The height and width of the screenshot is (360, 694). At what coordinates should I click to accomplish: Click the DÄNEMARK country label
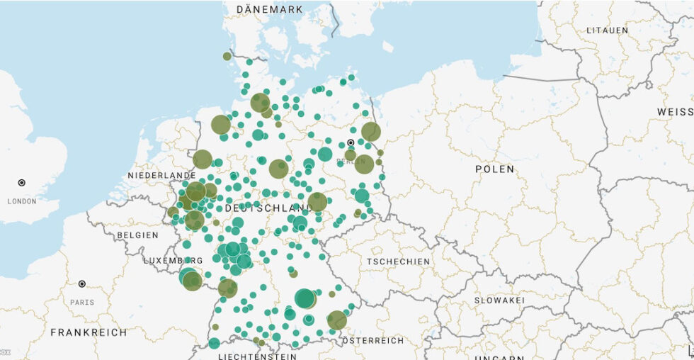click(270, 9)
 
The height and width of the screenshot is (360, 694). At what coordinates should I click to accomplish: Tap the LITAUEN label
click(607, 30)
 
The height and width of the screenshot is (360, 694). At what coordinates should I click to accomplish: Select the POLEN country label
click(495, 169)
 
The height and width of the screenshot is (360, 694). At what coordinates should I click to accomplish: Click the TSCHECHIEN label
click(398, 261)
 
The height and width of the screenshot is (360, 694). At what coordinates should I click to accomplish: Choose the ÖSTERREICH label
click(372, 340)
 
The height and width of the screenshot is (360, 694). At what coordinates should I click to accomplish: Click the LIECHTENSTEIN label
click(257, 356)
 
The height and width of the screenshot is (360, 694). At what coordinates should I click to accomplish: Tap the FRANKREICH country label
click(89, 332)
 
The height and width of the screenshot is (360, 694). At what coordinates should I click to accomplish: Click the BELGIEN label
click(138, 235)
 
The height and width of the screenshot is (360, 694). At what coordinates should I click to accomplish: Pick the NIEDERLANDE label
click(161, 175)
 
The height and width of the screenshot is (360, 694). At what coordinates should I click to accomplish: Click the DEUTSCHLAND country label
click(268, 208)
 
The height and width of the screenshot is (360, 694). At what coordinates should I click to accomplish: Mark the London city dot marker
click(21, 183)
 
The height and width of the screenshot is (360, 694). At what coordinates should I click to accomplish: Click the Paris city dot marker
click(82, 283)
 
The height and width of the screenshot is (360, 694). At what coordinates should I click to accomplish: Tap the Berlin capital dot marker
click(351, 142)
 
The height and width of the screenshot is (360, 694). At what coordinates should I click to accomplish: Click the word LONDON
click(21, 201)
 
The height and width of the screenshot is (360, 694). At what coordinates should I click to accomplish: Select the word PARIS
click(81, 302)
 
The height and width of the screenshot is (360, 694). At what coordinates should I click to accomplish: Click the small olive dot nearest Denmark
click(227, 56)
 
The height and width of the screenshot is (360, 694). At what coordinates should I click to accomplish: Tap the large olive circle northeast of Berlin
click(370, 131)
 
